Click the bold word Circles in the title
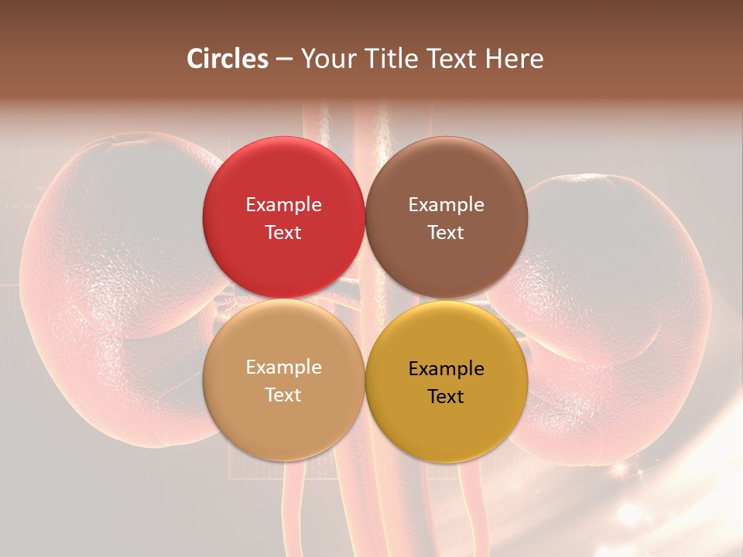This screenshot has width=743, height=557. (x=227, y=58)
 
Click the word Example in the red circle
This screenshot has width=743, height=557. (x=283, y=205)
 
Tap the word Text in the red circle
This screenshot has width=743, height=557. (x=283, y=232)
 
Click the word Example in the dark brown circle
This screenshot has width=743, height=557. (x=447, y=205)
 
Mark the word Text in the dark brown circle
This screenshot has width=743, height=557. (x=447, y=232)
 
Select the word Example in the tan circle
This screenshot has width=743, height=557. (x=283, y=367)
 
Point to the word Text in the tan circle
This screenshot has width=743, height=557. (x=283, y=395)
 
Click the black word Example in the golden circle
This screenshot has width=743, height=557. (x=447, y=369)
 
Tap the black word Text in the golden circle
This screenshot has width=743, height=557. (x=447, y=396)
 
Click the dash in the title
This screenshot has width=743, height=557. (x=284, y=60)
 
